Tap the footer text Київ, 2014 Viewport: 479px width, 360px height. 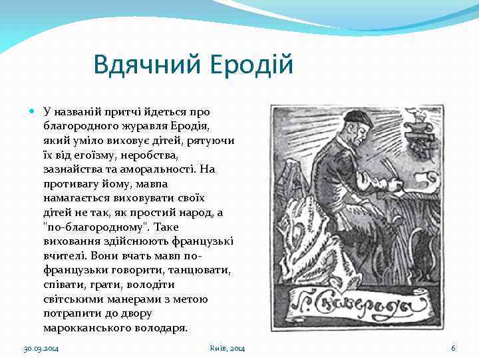click(227, 349)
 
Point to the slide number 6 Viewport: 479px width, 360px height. click(453, 349)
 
